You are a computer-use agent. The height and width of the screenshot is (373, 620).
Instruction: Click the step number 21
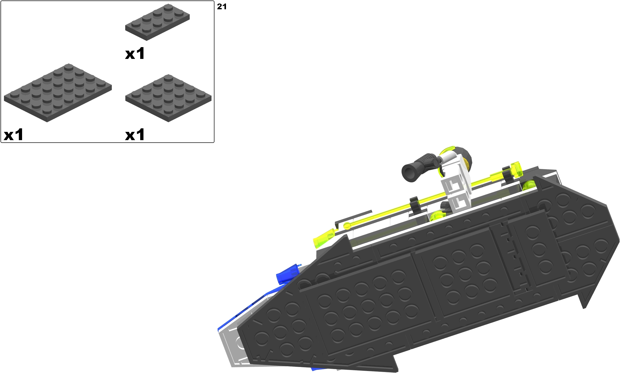tap(221, 7)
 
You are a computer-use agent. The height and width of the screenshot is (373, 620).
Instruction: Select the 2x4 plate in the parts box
tap(158, 22)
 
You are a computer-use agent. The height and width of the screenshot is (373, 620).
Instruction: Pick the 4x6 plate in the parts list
tap(58, 93)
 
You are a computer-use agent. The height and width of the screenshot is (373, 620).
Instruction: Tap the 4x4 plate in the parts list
tap(168, 98)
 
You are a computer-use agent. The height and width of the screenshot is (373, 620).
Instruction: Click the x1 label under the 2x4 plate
tap(135, 54)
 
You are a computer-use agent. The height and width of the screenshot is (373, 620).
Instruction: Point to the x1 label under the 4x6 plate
tap(14, 134)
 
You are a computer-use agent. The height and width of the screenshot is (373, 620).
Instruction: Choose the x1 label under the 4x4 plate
tap(135, 134)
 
